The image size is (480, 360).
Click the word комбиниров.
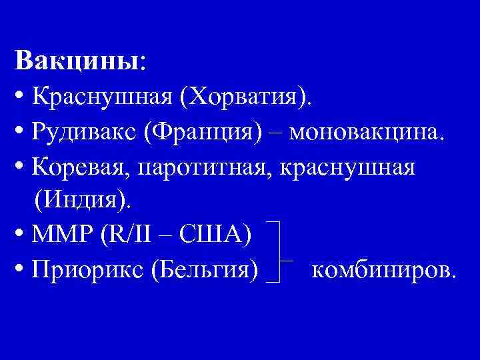(x=383, y=270)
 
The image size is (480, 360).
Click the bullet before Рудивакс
(x=20, y=133)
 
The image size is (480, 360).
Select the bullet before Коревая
(x=20, y=167)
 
